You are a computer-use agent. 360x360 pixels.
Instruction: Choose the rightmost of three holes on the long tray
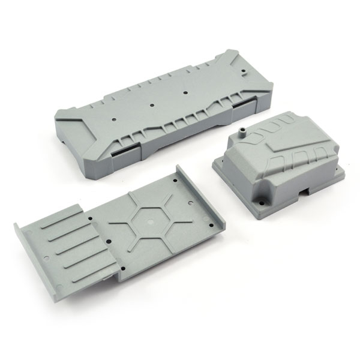click(x=187, y=91)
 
